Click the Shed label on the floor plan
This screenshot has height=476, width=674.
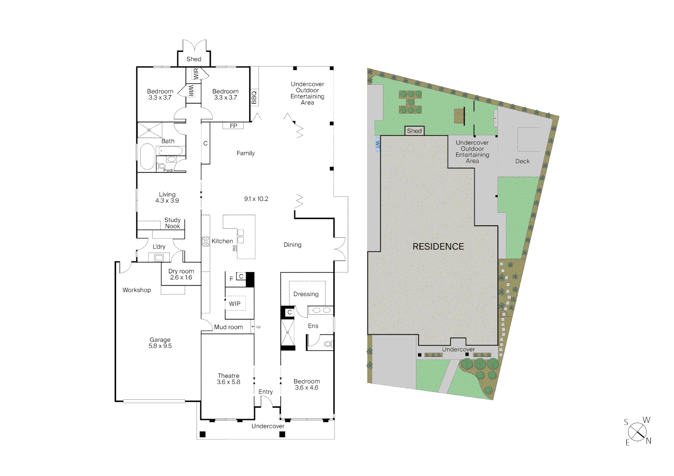[x=194, y=59]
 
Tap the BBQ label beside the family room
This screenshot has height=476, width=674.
[x=254, y=97]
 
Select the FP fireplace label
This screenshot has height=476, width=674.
[x=233, y=126]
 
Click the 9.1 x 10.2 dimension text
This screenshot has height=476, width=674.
[x=256, y=199]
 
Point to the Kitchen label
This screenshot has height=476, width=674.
[x=222, y=241]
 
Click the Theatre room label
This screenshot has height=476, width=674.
[x=228, y=376]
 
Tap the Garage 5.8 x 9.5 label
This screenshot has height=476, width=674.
[x=160, y=343]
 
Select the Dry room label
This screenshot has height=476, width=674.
[x=181, y=271]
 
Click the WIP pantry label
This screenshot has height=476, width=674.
[x=235, y=304]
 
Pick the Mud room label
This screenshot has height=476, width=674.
[x=228, y=327]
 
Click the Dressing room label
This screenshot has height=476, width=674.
[x=306, y=294]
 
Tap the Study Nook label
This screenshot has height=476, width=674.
[x=172, y=223]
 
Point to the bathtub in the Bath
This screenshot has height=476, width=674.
[x=147, y=156]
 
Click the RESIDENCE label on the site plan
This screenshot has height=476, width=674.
[x=438, y=247]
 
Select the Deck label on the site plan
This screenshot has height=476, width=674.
[x=522, y=161]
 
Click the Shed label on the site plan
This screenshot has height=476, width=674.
[x=414, y=131]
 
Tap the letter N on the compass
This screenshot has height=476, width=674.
[x=648, y=441]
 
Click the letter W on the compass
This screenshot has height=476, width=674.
[x=646, y=420]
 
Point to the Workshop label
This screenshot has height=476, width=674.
[x=137, y=290]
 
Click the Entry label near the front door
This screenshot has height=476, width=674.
[x=266, y=392]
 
